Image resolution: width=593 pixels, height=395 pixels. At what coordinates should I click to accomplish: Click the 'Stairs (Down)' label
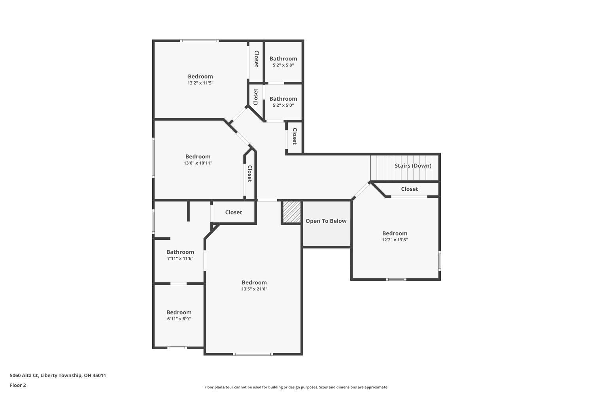(413, 166)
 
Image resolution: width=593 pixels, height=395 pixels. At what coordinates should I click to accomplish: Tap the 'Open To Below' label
(326, 221)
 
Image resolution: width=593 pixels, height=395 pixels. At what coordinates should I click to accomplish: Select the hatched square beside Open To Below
(292, 213)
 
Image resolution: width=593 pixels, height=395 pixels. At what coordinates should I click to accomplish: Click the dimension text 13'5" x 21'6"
(254, 289)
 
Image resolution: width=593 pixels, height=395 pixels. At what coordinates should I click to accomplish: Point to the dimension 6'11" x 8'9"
(179, 319)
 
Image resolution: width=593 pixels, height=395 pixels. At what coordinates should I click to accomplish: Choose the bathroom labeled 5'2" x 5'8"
(283, 62)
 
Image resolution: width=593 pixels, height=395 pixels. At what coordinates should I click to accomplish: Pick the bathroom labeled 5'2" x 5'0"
(283, 102)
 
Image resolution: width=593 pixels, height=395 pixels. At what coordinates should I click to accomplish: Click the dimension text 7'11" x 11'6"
(180, 258)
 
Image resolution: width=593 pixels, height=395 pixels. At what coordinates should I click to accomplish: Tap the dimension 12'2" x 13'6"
(395, 240)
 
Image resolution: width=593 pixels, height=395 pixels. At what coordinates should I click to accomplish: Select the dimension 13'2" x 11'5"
(200, 83)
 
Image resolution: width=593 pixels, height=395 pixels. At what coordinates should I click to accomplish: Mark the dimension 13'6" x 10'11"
(198, 163)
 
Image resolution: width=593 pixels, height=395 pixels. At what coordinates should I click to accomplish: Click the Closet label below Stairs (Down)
(409, 189)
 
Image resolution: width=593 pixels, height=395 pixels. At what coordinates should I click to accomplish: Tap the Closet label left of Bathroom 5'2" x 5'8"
(256, 59)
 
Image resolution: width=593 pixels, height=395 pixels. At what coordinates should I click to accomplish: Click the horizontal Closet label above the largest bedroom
(233, 212)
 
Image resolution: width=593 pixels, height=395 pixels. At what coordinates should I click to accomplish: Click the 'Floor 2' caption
(18, 385)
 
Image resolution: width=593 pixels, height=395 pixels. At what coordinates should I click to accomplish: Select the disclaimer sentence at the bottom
(296, 387)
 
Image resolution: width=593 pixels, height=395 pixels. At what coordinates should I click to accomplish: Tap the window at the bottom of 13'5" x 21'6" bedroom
(253, 354)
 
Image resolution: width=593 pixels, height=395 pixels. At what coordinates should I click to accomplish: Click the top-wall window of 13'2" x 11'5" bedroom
(199, 41)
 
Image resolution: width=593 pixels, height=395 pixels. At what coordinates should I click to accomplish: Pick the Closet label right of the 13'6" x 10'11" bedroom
(249, 174)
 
